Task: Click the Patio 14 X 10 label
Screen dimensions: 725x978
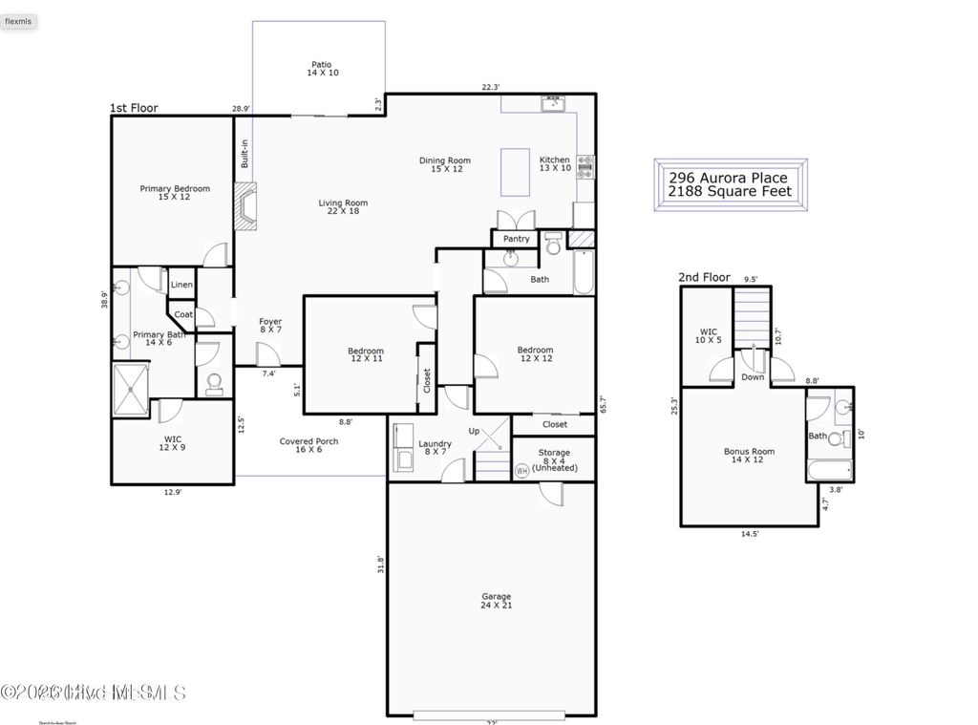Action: click(322, 69)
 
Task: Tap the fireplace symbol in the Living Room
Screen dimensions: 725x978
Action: click(247, 207)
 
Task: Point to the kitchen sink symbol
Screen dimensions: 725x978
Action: click(552, 103)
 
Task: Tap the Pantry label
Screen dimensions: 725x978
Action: click(516, 239)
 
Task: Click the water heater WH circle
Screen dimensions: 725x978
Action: click(521, 471)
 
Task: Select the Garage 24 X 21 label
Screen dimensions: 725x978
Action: click(496, 601)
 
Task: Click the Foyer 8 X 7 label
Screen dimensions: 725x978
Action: click(270, 326)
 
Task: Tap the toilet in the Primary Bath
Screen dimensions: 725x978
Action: click(214, 383)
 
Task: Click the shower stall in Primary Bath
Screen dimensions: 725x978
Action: click(131, 389)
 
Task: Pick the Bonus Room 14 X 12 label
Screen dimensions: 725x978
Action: click(749, 456)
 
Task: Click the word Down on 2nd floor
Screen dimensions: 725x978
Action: click(752, 377)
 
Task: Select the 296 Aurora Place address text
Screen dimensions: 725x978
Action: click(728, 178)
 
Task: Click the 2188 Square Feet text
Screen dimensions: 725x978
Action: click(730, 192)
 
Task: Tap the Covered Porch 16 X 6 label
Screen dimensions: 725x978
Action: click(308, 446)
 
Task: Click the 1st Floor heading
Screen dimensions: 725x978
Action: click(134, 109)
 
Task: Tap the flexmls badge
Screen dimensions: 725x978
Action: click(20, 21)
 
